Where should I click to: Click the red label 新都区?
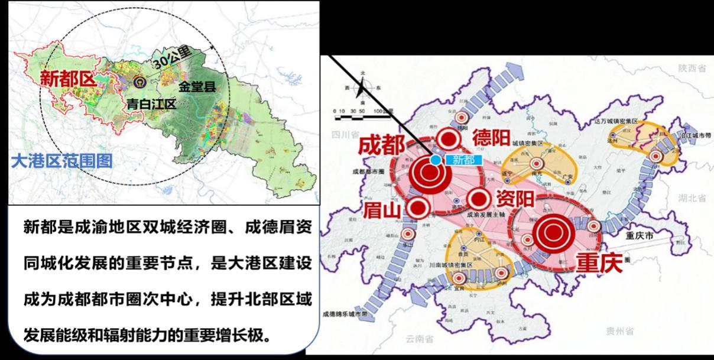68,80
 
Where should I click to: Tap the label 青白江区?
151,105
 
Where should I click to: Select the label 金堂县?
197,87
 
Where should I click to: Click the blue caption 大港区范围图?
61,161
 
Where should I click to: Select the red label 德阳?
491,138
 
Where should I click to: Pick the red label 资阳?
515,198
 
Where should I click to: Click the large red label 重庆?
599,262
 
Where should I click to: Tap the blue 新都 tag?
463,160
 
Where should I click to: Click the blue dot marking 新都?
436,159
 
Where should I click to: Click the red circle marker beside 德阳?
449,139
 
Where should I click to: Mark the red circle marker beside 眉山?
418,207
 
